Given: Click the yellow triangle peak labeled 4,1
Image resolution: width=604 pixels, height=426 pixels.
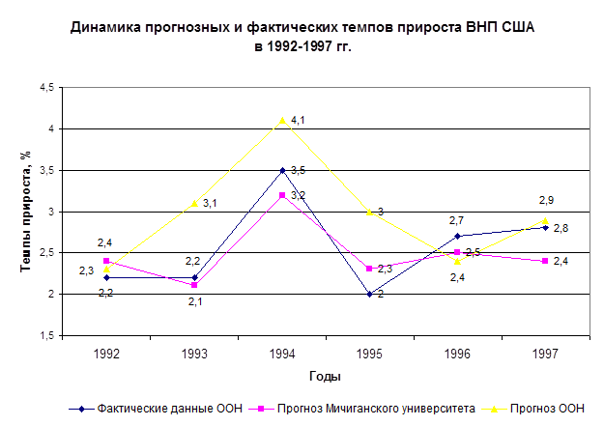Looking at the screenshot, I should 282,121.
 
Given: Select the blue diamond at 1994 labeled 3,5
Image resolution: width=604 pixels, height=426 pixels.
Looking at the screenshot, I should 282,170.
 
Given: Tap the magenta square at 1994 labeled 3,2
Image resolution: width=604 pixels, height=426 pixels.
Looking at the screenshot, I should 282,195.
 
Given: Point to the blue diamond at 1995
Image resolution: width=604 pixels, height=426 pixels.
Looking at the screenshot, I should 369,295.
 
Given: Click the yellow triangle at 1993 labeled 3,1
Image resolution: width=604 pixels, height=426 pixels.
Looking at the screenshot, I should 194,203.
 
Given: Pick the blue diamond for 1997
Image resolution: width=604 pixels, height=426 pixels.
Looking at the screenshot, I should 545,228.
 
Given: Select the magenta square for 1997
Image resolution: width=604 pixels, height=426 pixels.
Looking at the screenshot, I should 545,261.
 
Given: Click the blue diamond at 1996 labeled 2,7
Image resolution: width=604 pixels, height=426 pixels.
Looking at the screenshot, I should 457,236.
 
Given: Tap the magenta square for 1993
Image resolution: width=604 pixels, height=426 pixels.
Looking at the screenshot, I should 194,285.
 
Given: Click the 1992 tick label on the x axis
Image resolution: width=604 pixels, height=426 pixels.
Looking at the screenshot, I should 107,354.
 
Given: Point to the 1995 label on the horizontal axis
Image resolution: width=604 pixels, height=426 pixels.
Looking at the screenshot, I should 369,354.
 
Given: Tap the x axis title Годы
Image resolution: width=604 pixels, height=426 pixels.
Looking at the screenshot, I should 325,375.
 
